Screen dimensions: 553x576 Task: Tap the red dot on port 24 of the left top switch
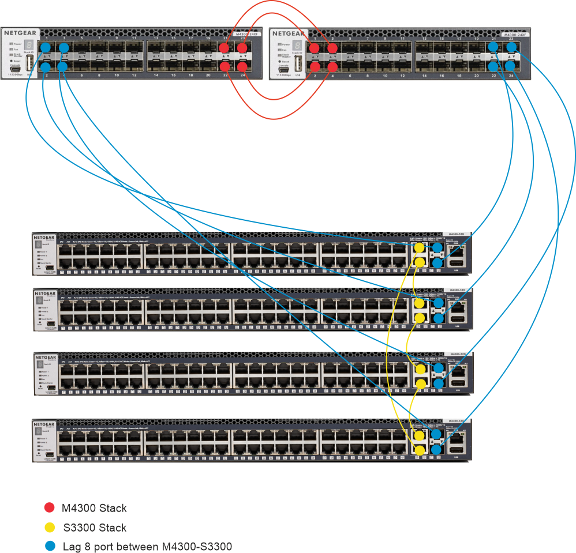click(x=242, y=67)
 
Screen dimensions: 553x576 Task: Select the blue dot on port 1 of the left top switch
click(x=46, y=47)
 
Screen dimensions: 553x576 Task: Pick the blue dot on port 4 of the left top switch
click(x=63, y=67)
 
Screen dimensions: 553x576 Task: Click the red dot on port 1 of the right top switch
click(x=315, y=47)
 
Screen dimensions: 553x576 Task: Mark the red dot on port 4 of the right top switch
click(x=332, y=67)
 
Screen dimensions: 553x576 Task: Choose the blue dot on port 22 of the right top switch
click(x=493, y=67)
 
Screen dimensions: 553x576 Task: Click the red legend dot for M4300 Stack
click(x=50, y=508)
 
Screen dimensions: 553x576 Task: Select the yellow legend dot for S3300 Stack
click(x=50, y=527)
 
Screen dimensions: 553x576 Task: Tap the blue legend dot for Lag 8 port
click(x=50, y=546)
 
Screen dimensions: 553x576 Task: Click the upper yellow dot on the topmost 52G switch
click(x=420, y=248)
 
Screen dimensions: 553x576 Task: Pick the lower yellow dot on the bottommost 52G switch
click(x=420, y=449)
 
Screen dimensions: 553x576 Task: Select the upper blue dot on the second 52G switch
click(x=438, y=303)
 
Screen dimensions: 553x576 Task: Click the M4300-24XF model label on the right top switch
click(x=515, y=35)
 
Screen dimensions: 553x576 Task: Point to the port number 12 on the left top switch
click(x=134, y=76)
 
